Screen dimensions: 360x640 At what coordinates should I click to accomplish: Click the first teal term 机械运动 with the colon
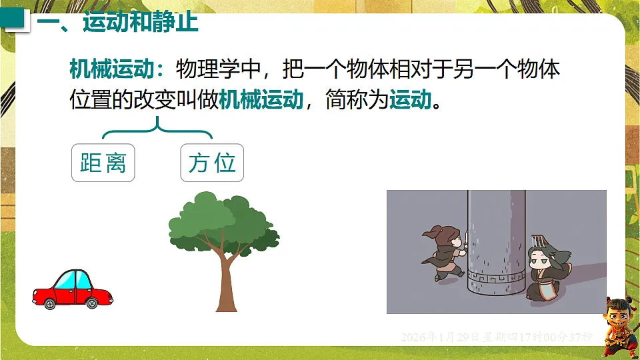(x=117, y=69)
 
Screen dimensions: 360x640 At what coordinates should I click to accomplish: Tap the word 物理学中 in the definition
(x=220, y=69)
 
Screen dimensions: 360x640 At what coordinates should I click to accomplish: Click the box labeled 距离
(x=103, y=163)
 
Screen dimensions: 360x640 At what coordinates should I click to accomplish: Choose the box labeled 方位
(x=212, y=163)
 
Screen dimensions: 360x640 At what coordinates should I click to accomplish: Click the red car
(x=73, y=289)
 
